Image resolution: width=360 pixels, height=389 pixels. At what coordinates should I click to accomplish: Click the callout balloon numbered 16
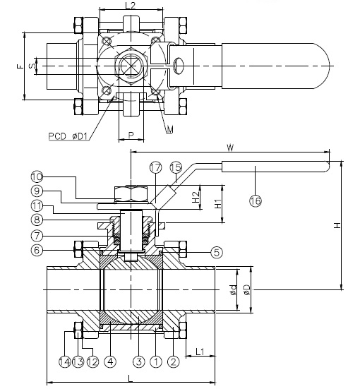(x=255, y=201)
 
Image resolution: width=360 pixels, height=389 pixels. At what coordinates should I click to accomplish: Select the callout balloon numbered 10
(x=37, y=176)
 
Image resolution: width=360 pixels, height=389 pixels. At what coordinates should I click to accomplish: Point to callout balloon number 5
(x=216, y=251)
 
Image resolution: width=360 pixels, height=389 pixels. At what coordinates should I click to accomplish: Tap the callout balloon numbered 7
(x=37, y=234)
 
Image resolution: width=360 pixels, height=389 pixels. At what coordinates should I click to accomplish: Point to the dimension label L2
(x=130, y=6)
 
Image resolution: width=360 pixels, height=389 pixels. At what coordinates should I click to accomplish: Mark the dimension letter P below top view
(x=131, y=134)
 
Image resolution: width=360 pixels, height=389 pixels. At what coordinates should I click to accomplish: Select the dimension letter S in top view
(x=32, y=66)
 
